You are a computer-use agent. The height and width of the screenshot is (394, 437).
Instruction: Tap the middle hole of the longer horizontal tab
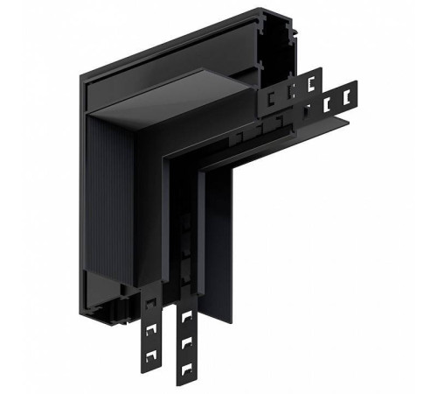(331, 103)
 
